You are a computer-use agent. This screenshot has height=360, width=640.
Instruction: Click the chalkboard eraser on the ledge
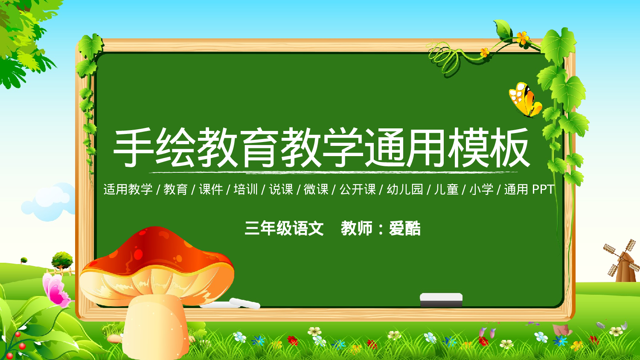(441, 299)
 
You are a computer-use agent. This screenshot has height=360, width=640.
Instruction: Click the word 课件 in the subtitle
(211, 189)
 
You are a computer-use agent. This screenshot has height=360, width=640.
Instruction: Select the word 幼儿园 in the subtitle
(404, 189)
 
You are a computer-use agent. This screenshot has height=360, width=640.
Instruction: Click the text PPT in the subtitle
(543, 189)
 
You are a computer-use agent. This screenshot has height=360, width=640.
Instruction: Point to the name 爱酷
(404, 229)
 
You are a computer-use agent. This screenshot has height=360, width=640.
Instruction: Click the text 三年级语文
(284, 229)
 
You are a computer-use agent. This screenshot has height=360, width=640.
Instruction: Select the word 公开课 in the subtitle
(357, 189)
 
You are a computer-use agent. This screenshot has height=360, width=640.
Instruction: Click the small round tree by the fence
(62, 259)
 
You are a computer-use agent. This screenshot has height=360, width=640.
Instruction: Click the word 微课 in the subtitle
(316, 189)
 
